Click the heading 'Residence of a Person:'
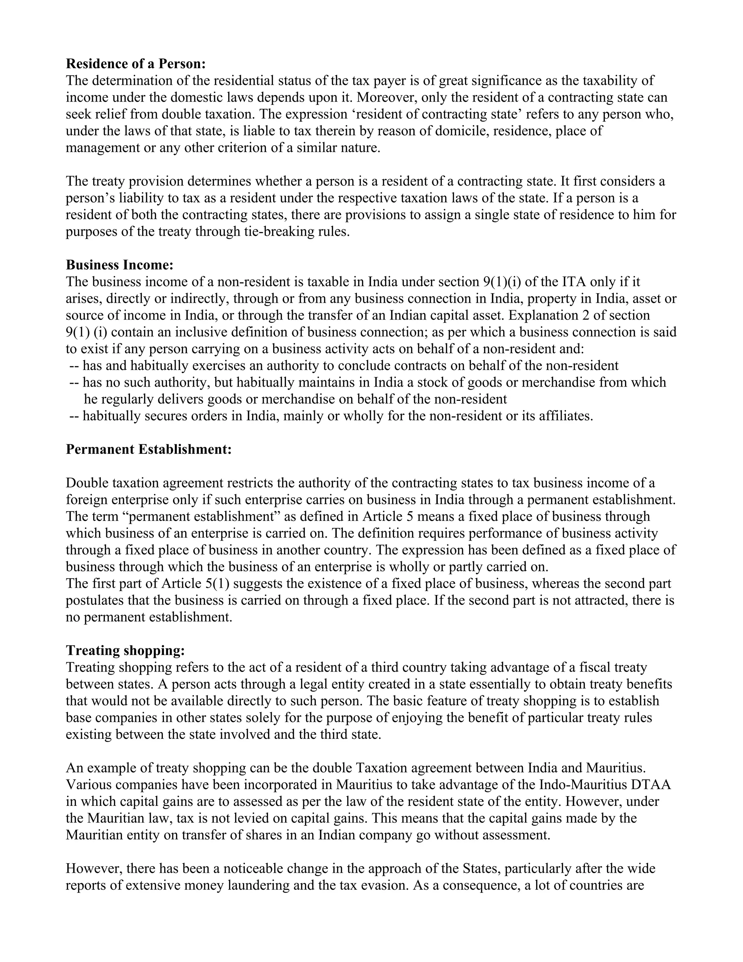(136, 64)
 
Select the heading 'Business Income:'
(120, 265)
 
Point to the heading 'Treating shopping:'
(126, 650)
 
